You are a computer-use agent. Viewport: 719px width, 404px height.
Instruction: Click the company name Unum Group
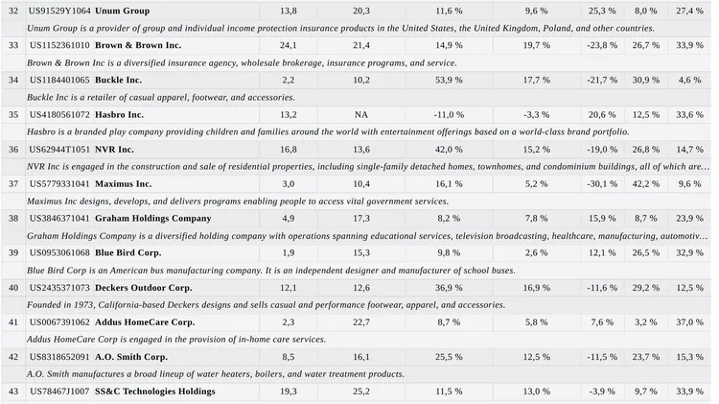pos(122,11)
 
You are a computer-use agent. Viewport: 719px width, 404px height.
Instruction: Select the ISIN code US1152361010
pos(59,45)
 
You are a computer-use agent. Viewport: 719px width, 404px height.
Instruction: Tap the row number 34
pos(13,80)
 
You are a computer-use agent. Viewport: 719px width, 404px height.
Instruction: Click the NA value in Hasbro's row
pos(361,115)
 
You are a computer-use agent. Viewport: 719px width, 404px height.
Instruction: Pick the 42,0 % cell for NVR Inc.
pos(449,149)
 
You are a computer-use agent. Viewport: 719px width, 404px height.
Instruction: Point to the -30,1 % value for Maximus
pos(602,183)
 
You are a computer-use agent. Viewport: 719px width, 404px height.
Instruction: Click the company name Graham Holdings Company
pos(153,219)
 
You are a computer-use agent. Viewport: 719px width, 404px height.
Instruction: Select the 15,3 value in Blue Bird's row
pos(361,253)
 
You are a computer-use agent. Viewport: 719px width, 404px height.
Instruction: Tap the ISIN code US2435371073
pos(59,288)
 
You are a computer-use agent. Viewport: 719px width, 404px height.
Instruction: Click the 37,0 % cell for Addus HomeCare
pos(689,322)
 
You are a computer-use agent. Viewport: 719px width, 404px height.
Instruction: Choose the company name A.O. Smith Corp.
pos(131,357)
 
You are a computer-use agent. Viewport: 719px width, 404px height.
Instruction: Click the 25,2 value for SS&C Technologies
pos(361,392)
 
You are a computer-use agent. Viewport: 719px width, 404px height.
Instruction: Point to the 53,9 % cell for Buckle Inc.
pos(449,80)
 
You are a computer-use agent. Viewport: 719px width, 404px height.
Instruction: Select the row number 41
pos(13,322)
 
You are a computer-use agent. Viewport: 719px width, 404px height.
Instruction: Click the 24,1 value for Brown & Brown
pos(288,45)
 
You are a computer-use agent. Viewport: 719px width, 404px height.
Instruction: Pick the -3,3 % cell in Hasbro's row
pos(537,115)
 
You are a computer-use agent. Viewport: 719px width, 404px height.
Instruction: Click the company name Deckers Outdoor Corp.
pos(144,288)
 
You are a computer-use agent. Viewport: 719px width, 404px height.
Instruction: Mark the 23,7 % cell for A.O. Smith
pos(646,357)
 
